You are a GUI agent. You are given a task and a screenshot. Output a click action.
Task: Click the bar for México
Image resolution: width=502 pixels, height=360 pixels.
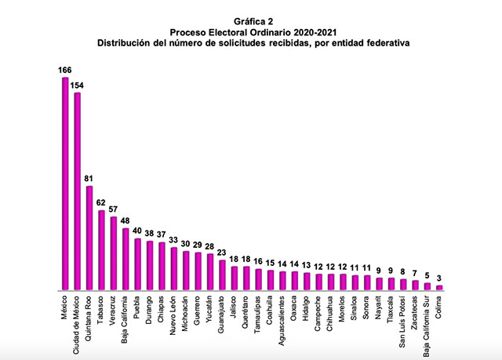65,184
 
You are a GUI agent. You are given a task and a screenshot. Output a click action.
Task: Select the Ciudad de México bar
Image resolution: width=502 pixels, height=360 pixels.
77,192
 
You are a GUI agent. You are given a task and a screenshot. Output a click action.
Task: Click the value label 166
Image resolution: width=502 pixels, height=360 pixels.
65,71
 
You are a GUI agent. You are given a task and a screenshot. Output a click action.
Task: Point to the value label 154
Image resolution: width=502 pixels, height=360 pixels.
77,85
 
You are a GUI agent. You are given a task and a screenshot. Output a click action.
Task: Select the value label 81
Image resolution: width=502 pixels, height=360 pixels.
89,179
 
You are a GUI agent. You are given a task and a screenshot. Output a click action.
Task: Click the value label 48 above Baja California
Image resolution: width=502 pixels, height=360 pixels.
125,221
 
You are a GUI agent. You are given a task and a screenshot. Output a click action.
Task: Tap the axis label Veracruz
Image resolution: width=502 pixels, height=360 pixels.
113,313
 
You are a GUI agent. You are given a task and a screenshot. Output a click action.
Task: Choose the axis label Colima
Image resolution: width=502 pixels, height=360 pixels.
439,309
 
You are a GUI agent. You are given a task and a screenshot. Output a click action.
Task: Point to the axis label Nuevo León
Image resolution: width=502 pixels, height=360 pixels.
173,316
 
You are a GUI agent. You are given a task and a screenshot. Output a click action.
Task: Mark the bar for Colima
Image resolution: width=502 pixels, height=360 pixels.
439,288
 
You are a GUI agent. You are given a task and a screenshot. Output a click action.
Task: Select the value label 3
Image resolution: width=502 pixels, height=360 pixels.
439,278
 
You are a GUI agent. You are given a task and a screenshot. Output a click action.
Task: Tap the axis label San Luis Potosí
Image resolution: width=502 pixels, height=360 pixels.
403,320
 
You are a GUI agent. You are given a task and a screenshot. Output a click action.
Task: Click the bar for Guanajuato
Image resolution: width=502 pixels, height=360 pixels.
222,275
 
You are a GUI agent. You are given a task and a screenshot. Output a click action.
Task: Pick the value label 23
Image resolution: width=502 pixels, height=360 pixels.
222,253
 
